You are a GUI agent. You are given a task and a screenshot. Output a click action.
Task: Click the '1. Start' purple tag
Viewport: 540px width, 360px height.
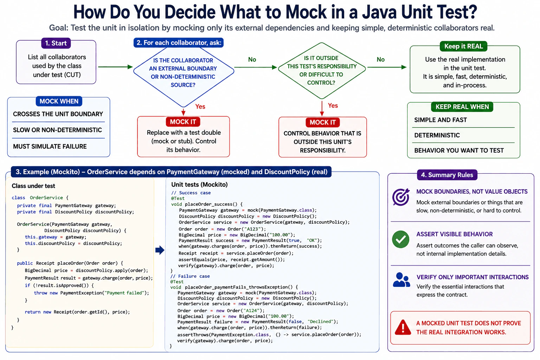(56, 43)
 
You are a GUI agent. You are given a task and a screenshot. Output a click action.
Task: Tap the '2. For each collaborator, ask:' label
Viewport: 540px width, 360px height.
(179, 43)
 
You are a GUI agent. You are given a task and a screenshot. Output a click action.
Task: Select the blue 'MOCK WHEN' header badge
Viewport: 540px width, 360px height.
(59, 101)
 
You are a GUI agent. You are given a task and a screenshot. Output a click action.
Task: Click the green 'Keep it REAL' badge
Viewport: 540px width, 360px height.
(463, 46)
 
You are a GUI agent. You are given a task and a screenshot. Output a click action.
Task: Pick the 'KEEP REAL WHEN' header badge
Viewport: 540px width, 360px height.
(462, 107)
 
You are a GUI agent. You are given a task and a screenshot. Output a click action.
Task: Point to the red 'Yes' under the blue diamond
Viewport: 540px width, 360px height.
(200, 107)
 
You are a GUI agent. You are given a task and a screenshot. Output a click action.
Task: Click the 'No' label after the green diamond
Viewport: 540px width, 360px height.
(380, 59)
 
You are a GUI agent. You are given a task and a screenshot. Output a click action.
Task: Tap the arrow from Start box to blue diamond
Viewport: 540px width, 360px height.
(115, 67)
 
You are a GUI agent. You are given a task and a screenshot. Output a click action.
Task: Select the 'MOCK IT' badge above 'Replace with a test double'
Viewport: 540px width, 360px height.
(183, 122)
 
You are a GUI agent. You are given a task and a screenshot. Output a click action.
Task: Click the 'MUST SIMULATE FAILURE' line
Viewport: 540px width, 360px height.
(50, 146)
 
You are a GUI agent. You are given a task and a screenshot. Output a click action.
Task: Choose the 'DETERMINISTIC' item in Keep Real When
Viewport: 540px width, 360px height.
(437, 135)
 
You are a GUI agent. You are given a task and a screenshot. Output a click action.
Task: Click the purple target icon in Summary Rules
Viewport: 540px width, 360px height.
(401, 197)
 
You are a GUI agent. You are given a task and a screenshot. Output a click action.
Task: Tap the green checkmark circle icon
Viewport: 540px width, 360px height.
(401, 239)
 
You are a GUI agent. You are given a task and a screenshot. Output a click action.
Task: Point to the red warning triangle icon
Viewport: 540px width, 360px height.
(403, 327)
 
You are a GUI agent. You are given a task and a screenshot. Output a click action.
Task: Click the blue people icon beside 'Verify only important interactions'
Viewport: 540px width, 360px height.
(401, 280)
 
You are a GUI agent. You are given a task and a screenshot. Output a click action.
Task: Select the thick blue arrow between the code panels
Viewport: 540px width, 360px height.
(160, 250)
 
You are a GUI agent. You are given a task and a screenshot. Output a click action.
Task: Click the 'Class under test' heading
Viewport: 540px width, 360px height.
(33, 186)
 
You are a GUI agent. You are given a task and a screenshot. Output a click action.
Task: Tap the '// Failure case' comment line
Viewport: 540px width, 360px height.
(190, 276)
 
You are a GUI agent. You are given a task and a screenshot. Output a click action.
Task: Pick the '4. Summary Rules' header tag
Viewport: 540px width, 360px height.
(447, 175)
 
